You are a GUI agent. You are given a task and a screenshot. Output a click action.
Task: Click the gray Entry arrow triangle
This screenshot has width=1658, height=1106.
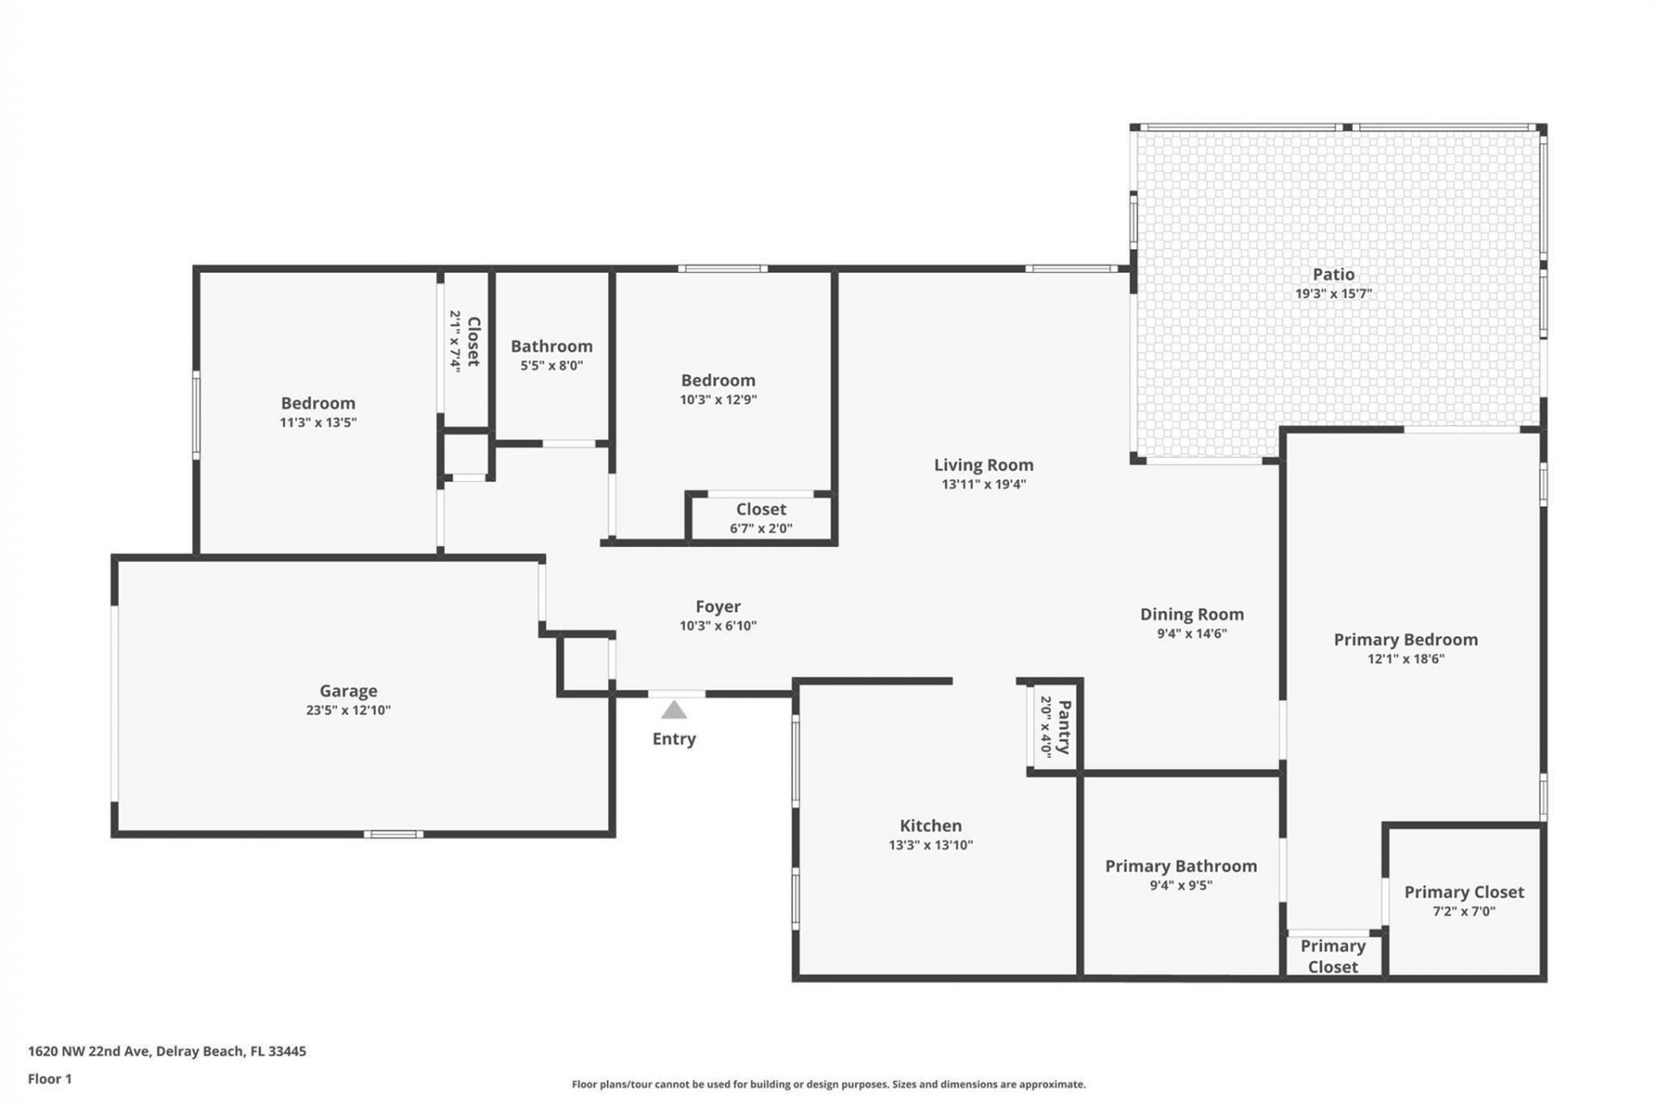[674, 710]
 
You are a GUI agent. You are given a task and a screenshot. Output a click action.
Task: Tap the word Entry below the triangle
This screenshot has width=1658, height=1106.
[674, 739]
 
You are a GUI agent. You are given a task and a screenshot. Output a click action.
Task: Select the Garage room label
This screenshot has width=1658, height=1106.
[348, 690]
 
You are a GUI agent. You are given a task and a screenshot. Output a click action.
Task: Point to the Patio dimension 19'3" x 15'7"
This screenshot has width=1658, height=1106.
[1333, 294]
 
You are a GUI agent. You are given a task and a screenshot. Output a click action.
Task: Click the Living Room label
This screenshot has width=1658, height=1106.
[984, 465]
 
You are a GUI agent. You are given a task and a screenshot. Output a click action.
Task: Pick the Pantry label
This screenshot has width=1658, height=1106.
[1064, 728]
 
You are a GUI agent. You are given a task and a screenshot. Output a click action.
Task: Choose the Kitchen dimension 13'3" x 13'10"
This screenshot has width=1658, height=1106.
[931, 845]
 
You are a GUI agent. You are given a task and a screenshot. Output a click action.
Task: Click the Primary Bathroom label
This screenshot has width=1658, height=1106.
[1180, 866]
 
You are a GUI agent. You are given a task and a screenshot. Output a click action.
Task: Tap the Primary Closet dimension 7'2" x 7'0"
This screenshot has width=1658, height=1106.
[1464, 912]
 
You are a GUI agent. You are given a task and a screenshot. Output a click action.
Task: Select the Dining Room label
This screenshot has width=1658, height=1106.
[1192, 614]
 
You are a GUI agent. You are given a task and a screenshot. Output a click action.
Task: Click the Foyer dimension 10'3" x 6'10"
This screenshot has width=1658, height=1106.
[718, 626]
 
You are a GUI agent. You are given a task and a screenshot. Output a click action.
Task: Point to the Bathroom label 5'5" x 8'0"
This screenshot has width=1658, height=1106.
[551, 346]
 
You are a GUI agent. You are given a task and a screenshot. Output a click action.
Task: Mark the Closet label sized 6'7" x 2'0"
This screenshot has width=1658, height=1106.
[761, 510]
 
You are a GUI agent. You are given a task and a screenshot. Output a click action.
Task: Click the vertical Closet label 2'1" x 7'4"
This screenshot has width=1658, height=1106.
[473, 341]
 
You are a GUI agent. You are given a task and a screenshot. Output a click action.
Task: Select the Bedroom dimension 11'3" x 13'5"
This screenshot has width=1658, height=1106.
[318, 423]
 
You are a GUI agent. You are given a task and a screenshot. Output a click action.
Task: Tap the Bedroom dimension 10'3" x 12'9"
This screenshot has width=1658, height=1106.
[718, 399]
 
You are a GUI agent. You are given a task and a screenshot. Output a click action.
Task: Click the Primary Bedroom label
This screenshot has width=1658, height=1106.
[1405, 639]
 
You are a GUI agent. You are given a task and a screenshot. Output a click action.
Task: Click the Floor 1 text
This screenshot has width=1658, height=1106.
[50, 1078]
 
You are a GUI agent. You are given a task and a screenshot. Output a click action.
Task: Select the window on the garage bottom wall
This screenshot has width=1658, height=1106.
[393, 834]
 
